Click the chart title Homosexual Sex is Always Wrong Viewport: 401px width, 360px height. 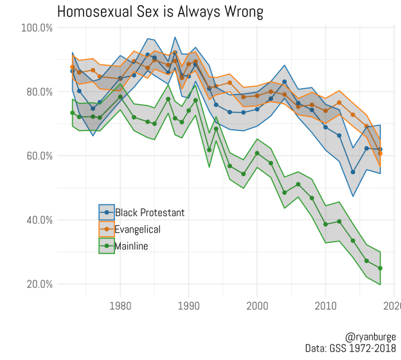click(160, 12)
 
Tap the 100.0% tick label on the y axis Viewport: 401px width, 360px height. click(37, 28)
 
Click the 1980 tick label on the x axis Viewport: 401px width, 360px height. click(120, 305)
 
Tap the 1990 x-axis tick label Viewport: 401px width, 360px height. click(189, 305)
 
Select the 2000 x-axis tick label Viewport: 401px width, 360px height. click(257, 305)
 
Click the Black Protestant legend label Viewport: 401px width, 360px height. click(150, 212)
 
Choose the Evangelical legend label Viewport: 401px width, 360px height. click(138, 229)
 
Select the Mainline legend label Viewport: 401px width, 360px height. click(131, 246)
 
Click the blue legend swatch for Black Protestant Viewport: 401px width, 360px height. click(106, 212)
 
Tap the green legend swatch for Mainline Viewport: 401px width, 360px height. click(106, 246)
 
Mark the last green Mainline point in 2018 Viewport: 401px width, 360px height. click(380, 268)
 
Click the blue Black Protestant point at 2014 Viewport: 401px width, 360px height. click(353, 172)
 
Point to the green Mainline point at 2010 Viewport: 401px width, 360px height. click(326, 224)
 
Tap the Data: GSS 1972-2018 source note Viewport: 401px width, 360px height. click(352, 348)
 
